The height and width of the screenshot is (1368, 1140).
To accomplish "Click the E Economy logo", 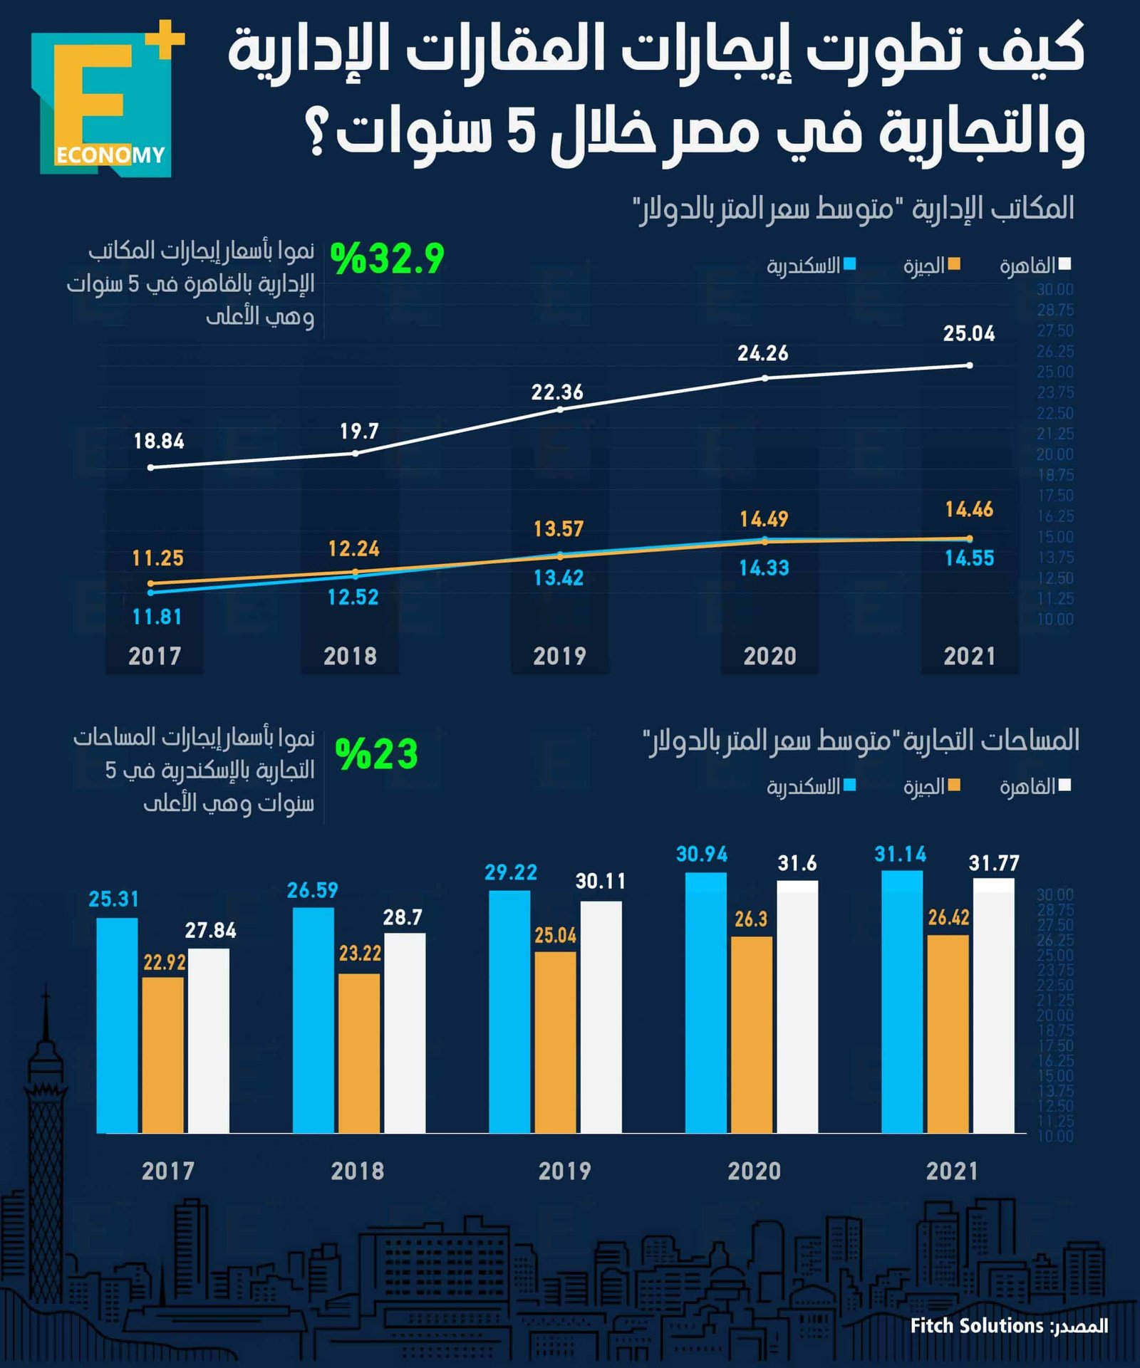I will (107, 100).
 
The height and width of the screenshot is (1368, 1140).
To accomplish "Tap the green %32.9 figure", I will (387, 258).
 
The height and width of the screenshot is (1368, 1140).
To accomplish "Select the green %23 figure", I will (376, 754).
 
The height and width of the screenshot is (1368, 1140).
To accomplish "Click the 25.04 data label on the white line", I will (968, 333).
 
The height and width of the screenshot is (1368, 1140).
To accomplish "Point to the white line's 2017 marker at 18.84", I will (150, 467).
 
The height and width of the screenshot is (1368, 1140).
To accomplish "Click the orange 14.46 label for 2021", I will (968, 509).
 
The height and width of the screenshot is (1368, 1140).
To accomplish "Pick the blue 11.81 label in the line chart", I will (157, 617).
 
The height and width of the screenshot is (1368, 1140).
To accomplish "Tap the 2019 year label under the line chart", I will (559, 656).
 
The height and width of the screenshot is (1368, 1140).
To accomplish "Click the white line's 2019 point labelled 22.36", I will (560, 409).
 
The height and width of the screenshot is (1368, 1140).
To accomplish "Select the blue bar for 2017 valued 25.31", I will (117, 1025).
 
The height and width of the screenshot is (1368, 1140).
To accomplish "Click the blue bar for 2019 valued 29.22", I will (509, 1011).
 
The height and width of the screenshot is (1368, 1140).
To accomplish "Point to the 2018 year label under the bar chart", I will (357, 1171).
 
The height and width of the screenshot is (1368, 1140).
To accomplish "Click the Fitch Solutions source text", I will (976, 1325).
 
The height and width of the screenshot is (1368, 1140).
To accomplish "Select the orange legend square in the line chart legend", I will (953, 265).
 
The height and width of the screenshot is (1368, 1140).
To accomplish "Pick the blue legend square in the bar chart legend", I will (849, 785).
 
